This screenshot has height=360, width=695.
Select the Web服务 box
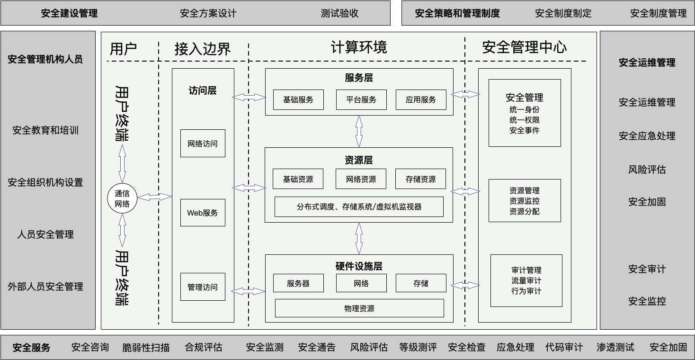[203, 213]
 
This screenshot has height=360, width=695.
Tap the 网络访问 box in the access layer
[203, 143]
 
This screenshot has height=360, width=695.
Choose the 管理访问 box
[203, 287]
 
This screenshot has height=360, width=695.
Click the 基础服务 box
[298, 99]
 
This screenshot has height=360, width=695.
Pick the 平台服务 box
[361, 99]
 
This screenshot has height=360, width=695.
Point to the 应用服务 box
[420, 99]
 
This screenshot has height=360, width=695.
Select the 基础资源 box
[298, 179]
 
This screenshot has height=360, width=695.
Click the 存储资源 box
[420, 179]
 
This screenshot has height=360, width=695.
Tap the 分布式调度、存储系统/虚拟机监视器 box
[359, 207]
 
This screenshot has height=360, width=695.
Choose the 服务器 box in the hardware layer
[298, 283]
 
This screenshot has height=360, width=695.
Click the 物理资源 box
[359, 308]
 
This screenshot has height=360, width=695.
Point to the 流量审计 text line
[526, 280]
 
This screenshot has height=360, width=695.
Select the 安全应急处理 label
[647, 136]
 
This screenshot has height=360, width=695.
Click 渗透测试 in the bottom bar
[615, 347]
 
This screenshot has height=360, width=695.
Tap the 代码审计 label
[564, 347]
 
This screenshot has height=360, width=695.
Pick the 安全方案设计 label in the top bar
[208, 13]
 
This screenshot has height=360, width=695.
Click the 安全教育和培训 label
[45, 130]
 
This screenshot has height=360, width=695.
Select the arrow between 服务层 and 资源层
[359, 131]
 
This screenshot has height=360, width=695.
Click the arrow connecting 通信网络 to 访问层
[154, 196]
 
